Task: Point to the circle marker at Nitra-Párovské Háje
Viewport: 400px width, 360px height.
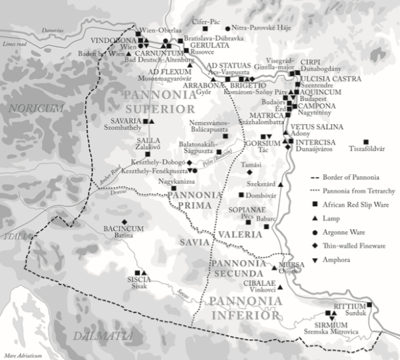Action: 228,29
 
